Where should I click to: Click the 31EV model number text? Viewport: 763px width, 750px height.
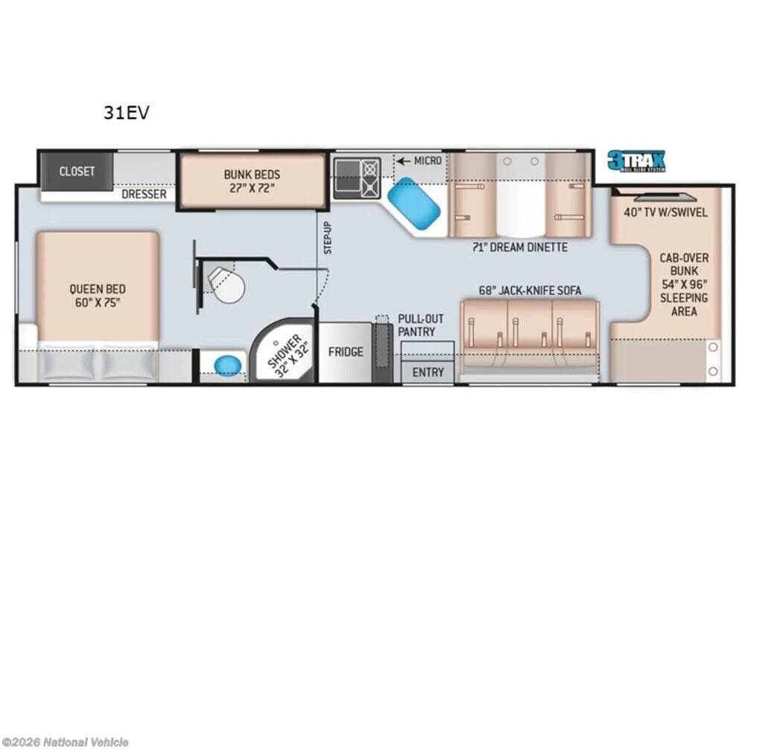coord(127,113)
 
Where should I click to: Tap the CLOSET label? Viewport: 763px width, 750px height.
coord(77,171)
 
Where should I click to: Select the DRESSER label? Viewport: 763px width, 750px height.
coord(144,194)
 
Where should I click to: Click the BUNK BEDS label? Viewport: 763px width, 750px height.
coord(252,180)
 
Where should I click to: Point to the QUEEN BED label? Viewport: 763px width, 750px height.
coord(98,296)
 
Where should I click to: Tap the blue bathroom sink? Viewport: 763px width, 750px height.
coord(228,365)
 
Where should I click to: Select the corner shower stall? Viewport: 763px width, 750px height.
coord(282,350)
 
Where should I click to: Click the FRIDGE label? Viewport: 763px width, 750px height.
coord(346,352)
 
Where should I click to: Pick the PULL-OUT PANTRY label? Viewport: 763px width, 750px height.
coord(421,325)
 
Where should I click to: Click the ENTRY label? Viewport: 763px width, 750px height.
coord(428,372)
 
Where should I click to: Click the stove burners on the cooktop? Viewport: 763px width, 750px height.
coord(370,178)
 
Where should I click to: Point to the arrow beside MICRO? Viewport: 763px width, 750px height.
coord(403,161)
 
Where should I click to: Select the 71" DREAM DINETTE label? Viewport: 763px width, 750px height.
coord(519,248)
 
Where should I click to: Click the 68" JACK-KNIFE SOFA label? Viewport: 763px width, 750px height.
coord(530,291)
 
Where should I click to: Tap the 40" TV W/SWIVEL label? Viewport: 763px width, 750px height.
coord(665,212)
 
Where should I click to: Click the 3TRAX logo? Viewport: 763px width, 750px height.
coord(636,161)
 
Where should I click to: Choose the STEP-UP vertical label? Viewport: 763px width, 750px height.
coord(328,238)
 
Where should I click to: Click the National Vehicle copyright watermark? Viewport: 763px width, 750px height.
coord(66,743)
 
